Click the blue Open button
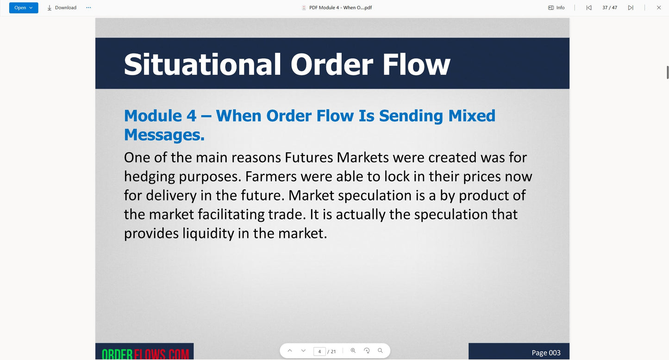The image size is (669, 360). pyautogui.click(x=23, y=8)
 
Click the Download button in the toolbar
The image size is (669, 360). pyautogui.click(x=62, y=8)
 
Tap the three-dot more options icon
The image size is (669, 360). pyautogui.click(x=88, y=8)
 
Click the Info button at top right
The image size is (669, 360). pyautogui.click(x=556, y=8)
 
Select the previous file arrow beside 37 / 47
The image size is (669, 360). pyautogui.click(x=588, y=8)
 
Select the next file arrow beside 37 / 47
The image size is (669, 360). pyautogui.click(x=631, y=8)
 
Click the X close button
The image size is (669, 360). pyautogui.click(x=659, y=8)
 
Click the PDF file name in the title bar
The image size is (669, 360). pyautogui.click(x=340, y=8)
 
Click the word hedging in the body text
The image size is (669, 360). pyautogui.click(x=149, y=176)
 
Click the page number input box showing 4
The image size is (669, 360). pyautogui.click(x=319, y=351)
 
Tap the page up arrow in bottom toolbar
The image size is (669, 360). pyautogui.click(x=290, y=351)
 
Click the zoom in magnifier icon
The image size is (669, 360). pyautogui.click(x=353, y=351)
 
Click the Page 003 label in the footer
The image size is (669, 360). pyautogui.click(x=546, y=353)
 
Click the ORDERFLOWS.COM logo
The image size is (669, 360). pyautogui.click(x=145, y=354)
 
